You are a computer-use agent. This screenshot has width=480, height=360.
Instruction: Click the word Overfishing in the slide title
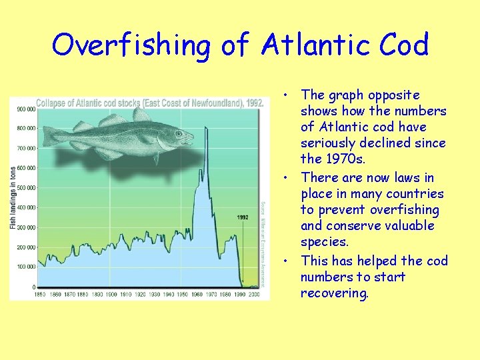click(x=131, y=45)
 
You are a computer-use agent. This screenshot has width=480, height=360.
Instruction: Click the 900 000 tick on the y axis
click(x=26, y=109)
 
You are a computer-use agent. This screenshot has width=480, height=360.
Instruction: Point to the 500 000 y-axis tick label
click(x=26, y=188)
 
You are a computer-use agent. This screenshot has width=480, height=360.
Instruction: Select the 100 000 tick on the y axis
click(x=26, y=267)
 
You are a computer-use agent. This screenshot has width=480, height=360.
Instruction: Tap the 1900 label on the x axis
click(x=111, y=294)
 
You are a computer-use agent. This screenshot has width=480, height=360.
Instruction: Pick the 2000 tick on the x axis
click(x=254, y=294)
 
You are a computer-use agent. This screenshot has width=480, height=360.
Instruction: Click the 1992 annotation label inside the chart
click(x=243, y=217)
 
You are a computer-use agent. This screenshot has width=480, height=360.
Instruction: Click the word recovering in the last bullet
click(x=334, y=293)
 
